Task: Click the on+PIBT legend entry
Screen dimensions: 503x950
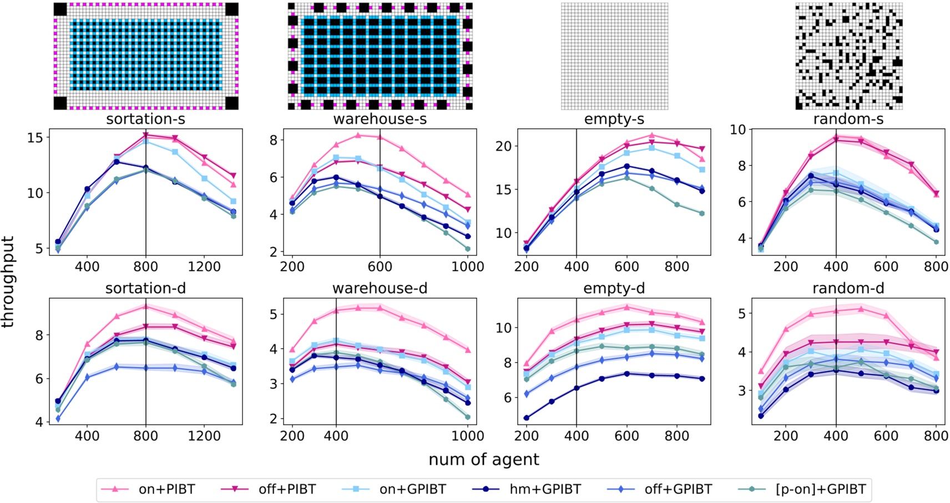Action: pos(166,489)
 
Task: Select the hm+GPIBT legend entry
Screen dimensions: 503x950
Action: pos(545,489)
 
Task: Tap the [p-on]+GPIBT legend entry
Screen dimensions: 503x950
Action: pos(820,489)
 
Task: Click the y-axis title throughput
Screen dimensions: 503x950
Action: pos(8,281)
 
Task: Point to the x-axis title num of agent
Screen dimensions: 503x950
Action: pos(483,460)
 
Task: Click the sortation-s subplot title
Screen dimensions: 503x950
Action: pos(145,119)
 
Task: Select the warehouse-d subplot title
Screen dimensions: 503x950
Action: pos(380,289)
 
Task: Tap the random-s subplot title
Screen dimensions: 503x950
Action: pos(848,119)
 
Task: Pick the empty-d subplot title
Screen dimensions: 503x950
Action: pos(614,289)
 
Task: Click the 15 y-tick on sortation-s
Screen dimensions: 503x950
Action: pos(36,138)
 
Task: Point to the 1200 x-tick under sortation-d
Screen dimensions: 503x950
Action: pos(204,436)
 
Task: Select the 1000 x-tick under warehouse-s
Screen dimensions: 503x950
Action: pos(467,266)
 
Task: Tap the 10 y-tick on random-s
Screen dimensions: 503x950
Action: pos(737,130)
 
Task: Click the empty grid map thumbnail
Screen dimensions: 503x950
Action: pos(614,56)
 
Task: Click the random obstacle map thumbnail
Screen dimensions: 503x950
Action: pos(848,56)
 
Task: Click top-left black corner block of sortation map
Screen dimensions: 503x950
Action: pos(60,9)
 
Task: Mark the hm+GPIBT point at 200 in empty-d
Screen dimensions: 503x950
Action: pos(526,418)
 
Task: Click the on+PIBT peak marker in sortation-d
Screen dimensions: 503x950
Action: pos(145,306)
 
